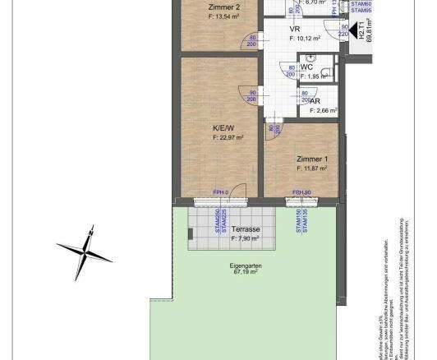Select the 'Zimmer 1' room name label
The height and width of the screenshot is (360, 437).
[x=312, y=158]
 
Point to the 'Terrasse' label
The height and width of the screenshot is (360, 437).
[x=246, y=229]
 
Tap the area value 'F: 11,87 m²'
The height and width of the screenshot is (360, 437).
[x=312, y=168]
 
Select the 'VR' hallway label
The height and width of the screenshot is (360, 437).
[x=294, y=29]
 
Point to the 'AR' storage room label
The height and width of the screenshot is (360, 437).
[x=315, y=100]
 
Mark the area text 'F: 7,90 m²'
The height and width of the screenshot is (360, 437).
[x=245, y=239]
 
